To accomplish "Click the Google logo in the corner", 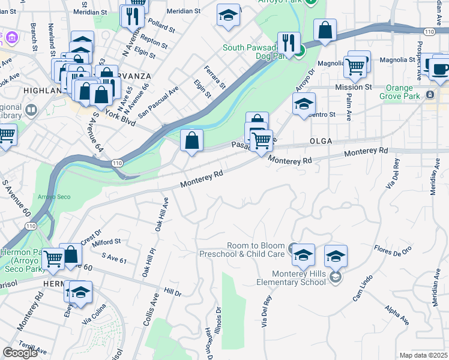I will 20,353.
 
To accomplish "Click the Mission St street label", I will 353,87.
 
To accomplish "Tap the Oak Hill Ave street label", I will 160,214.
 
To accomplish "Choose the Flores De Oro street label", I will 393,249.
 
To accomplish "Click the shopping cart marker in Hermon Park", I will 53,259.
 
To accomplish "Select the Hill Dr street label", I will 173,292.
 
